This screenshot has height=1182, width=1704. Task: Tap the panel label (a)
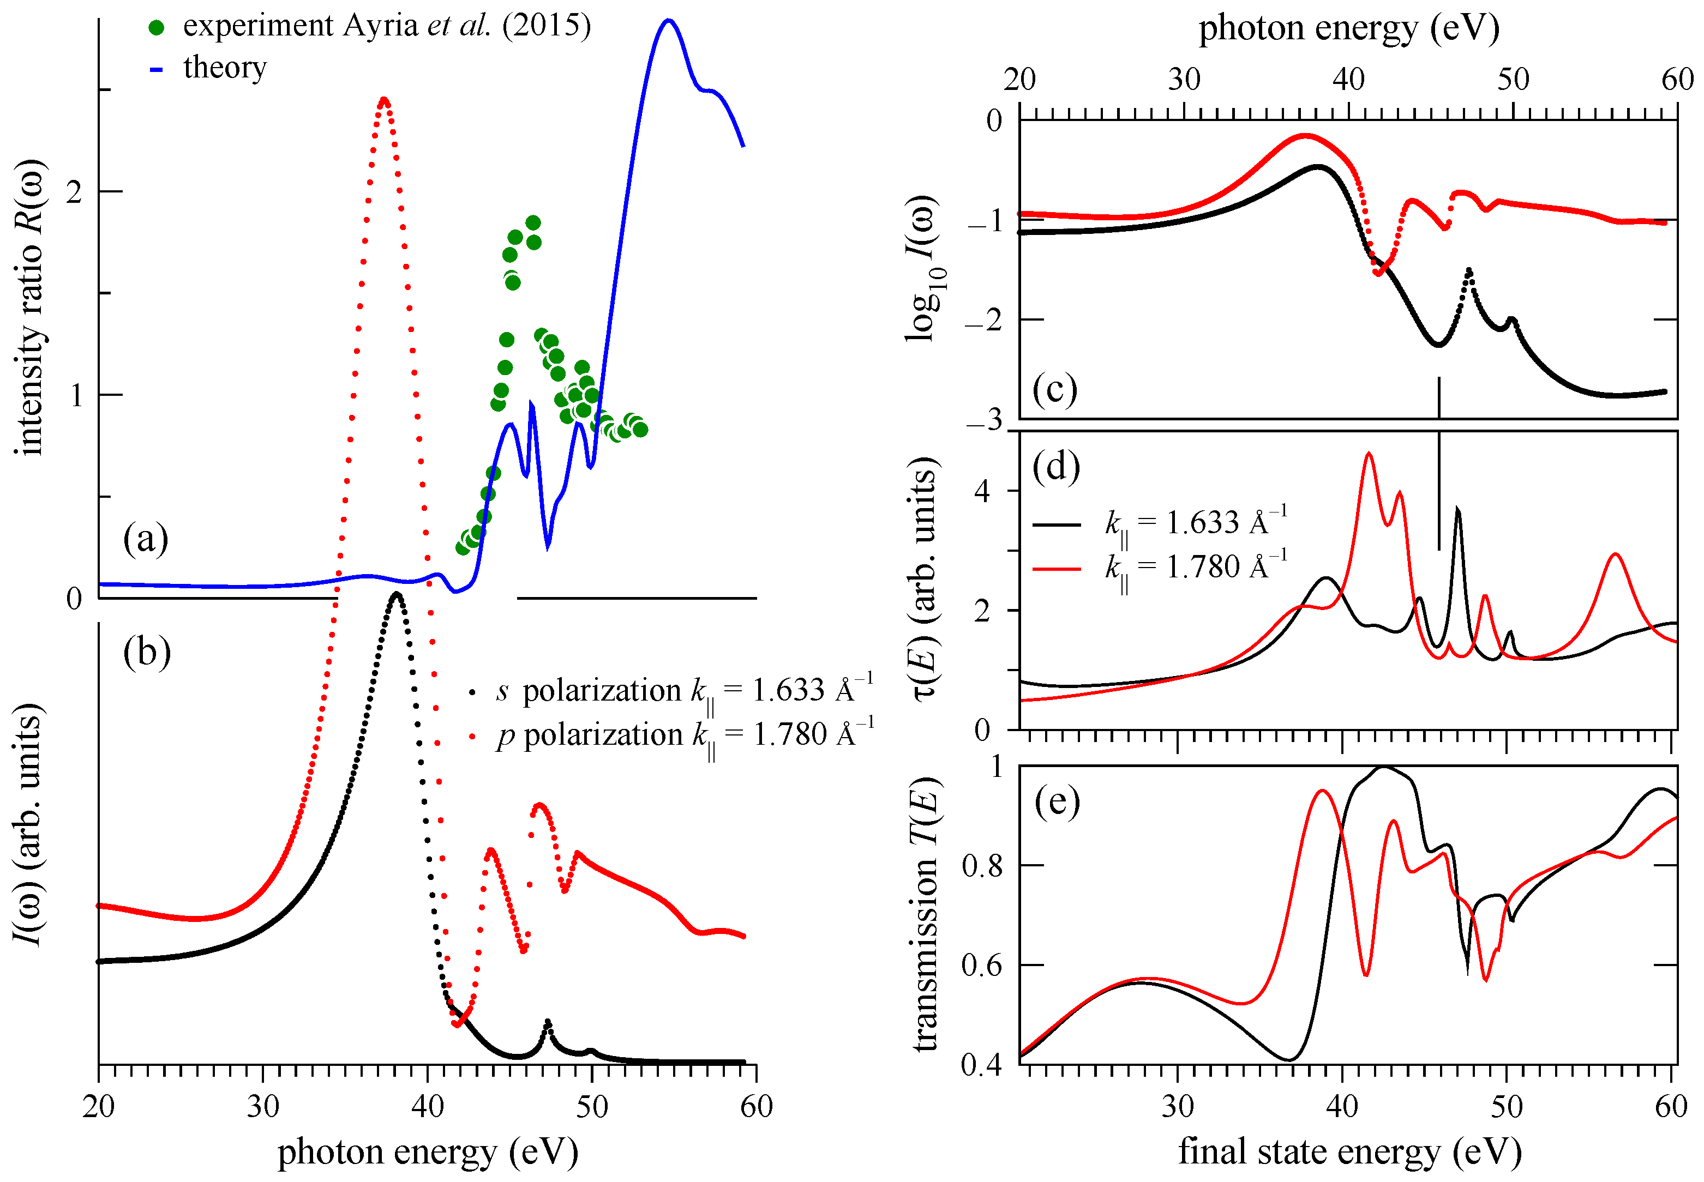tap(146, 539)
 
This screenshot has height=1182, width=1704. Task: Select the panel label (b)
tap(147, 653)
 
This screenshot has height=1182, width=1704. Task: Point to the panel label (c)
tap(1055, 390)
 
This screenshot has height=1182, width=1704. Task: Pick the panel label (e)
tap(1057, 801)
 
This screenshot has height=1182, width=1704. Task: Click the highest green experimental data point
tap(533, 223)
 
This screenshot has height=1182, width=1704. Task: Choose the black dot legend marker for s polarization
tap(472, 693)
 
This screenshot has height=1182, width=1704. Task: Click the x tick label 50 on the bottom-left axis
tap(591, 1106)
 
